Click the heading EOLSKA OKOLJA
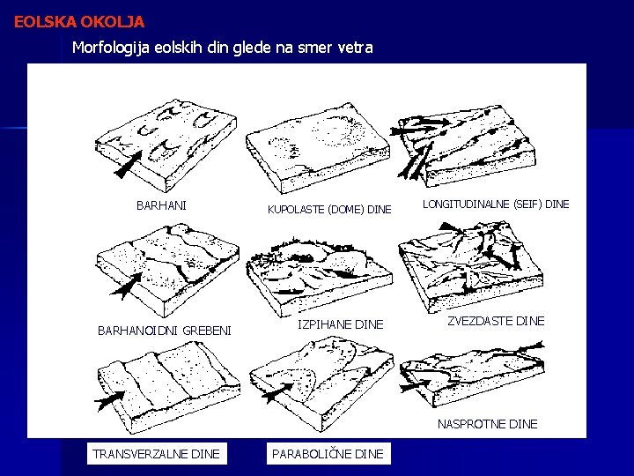pyautogui.click(x=79, y=21)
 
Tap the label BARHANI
pyautogui.click(x=161, y=205)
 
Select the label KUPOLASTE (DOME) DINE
pyautogui.click(x=329, y=209)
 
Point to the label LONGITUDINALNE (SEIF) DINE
pyautogui.click(x=496, y=204)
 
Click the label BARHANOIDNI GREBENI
pyautogui.click(x=165, y=331)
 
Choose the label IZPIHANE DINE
pyautogui.click(x=341, y=324)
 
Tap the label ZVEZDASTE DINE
pyautogui.click(x=496, y=321)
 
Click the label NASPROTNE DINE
pyautogui.click(x=488, y=424)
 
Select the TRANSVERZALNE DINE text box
pyautogui.click(x=156, y=454)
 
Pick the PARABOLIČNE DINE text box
pyautogui.click(x=328, y=454)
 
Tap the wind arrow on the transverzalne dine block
pyautogui.click(x=109, y=400)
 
